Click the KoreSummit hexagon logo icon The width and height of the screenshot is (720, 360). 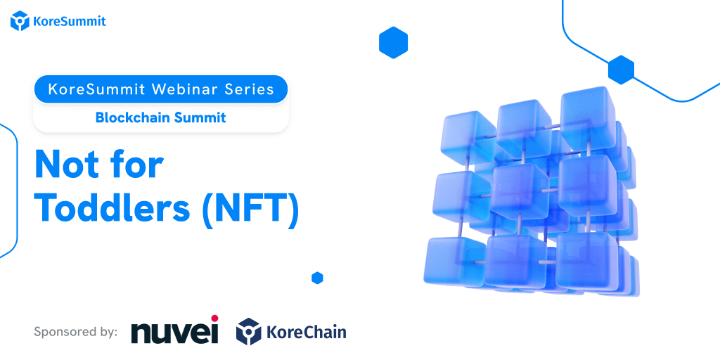20,20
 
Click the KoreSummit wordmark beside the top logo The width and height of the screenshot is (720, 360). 70,21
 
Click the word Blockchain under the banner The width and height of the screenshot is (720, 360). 127,117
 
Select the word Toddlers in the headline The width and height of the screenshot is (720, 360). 112,207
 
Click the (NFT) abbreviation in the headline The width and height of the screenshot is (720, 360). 251,209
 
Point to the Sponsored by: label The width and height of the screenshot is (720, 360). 76,332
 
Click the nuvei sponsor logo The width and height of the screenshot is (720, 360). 174,329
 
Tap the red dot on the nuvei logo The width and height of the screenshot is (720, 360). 214,319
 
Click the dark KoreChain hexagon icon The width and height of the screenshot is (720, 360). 248,332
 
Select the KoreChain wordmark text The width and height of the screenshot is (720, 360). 307,332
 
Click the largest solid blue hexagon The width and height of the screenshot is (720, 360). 394,43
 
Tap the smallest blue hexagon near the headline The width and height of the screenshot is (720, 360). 317,278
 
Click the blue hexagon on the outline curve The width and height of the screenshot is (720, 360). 622,70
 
